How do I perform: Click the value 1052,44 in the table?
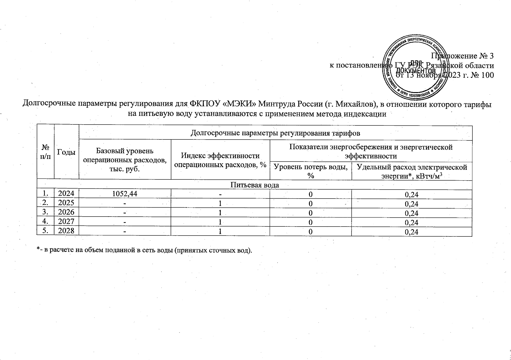point(125,194)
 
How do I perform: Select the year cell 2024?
point(66,193)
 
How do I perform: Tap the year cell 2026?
point(66,212)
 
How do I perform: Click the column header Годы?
point(66,152)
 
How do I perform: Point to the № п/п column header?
point(45,152)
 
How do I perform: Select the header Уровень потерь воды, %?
point(311,171)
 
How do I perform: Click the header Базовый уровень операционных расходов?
point(125,160)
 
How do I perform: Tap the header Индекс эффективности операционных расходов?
point(220,160)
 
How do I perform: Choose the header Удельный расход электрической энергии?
point(412,171)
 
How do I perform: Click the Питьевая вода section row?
point(254,185)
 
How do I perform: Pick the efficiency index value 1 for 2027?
point(220,222)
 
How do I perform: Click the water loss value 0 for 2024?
point(311,194)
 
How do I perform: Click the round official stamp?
point(416,68)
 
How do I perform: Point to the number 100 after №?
point(487,75)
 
